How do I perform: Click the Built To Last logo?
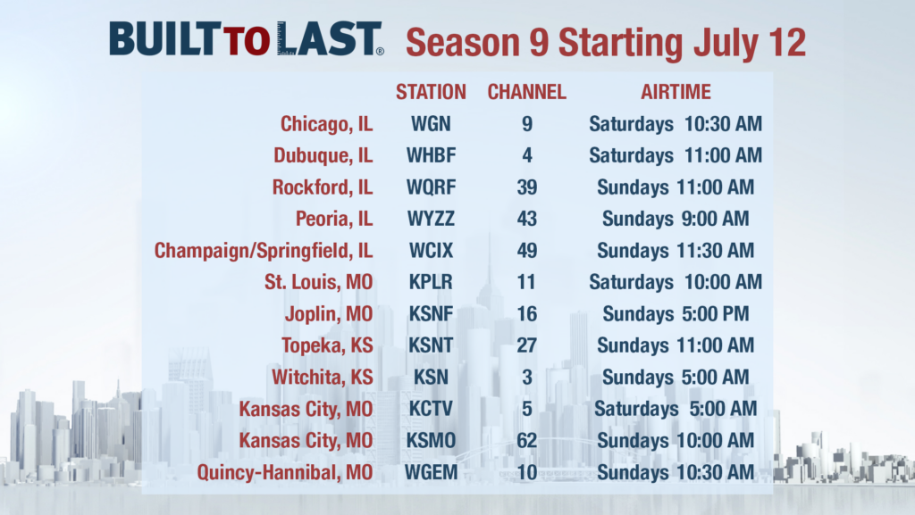[x=247, y=39]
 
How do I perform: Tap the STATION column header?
[x=431, y=92]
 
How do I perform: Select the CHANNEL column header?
[x=526, y=92]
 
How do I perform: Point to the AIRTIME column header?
[x=676, y=92]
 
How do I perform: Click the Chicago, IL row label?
[x=326, y=124]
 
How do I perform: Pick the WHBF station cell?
[x=431, y=155]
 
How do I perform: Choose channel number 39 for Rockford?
[x=526, y=187]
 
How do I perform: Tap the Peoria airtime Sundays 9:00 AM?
[x=676, y=219]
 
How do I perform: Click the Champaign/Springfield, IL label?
[x=264, y=251]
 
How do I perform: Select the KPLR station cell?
[x=431, y=282]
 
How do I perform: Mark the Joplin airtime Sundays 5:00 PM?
[x=676, y=314]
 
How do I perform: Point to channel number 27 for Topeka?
[x=526, y=345]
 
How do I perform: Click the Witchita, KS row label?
[x=322, y=378]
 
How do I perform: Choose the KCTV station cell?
[x=431, y=409]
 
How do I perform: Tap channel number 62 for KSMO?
[x=526, y=440]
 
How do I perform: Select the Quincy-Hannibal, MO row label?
[x=285, y=472]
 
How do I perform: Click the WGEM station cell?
[x=431, y=472]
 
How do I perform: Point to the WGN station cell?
[x=431, y=124]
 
